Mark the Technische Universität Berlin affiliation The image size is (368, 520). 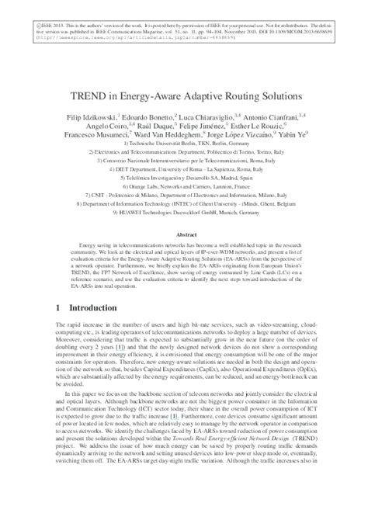[x=184, y=145]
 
